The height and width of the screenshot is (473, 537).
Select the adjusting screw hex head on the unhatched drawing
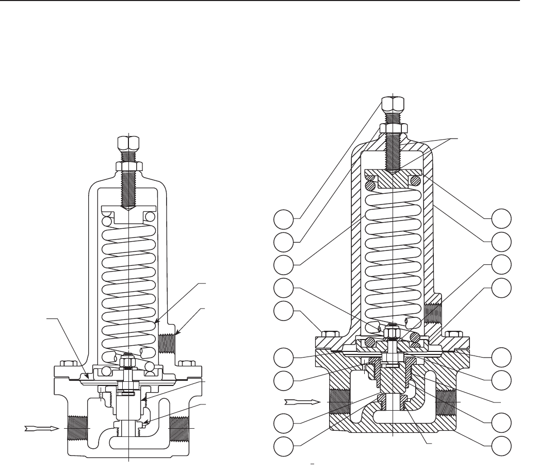click(x=127, y=143)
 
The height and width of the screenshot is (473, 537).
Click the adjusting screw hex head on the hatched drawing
click(x=393, y=105)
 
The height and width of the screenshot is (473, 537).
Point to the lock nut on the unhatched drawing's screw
click(x=127, y=166)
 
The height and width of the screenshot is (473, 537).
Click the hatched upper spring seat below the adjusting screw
click(x=393, y=178)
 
